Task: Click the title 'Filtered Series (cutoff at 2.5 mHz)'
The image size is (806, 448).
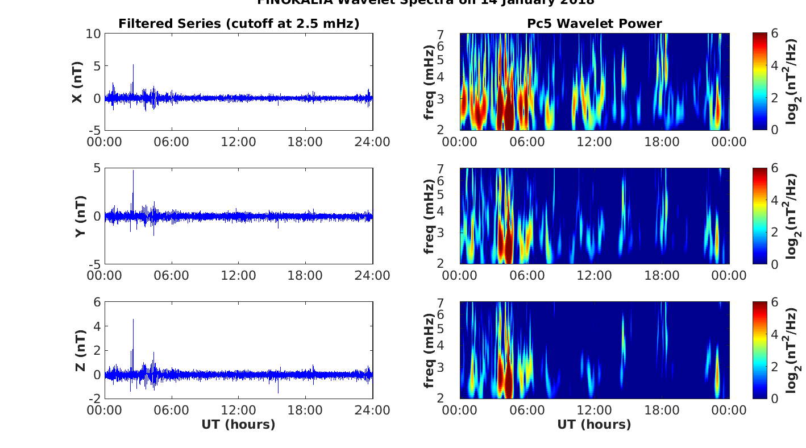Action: (239, 23)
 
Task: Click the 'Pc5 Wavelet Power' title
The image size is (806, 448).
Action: (594, 23)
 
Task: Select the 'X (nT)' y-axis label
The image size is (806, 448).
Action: (78, 82)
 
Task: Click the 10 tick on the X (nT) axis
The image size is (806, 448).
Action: (94, 34)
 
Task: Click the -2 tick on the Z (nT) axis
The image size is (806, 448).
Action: (94, 398)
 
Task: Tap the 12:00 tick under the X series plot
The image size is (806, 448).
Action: (239, 142)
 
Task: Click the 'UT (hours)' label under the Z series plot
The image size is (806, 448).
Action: (239, 424)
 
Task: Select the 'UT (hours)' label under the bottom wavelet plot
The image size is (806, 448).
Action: (594, 424)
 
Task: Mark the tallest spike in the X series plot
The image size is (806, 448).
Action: (133, 65)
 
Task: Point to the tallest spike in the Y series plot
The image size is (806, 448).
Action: (133, 171)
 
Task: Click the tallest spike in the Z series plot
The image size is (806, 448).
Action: (133, 320)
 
